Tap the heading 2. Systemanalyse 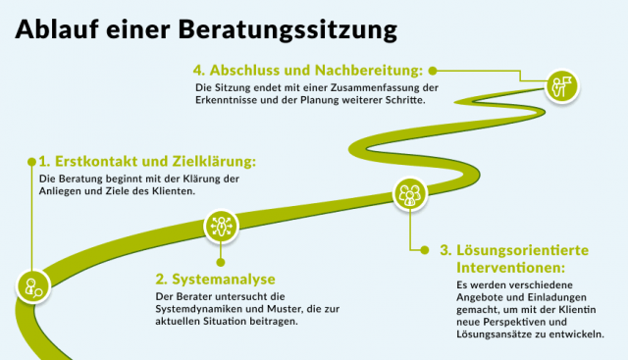pyautogui.click(x=215, y=279)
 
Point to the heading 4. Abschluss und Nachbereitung pyautogui.click(x=308, y=71)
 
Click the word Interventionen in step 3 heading pyautogui.click(x=510, y=267)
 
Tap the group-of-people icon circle pyautogui.click(x=408, y=193)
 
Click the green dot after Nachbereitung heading pyautogui.click(x=432, y=71)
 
